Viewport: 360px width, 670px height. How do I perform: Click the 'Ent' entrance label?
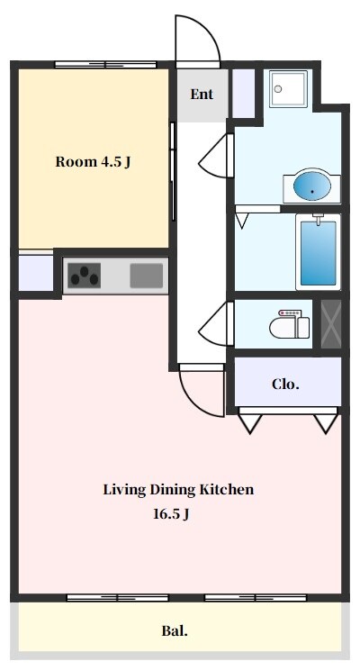coord(202,94)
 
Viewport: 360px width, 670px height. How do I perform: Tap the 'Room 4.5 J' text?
coord(93,162)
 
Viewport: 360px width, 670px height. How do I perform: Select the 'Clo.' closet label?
coord(285,385)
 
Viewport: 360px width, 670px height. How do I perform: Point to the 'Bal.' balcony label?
coord(175,630)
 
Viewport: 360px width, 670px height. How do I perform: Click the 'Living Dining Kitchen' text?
coord(178,489)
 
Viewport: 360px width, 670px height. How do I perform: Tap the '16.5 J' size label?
coord(171,514)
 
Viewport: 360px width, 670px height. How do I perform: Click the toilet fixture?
coord(290,324)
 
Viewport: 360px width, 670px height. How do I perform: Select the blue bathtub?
coord(318,252)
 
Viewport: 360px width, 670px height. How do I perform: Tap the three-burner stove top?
coord(85,276)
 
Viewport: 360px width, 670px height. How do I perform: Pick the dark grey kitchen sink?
coord(147,276)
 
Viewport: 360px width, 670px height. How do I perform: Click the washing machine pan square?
coord(288,89)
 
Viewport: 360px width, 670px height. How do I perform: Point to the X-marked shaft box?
coord(331,323)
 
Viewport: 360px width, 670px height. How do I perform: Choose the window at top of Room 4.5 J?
coord(105,65)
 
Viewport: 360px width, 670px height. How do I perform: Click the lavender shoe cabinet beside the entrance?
coord(243,93)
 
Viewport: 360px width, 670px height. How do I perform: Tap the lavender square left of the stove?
coord(36,273)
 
